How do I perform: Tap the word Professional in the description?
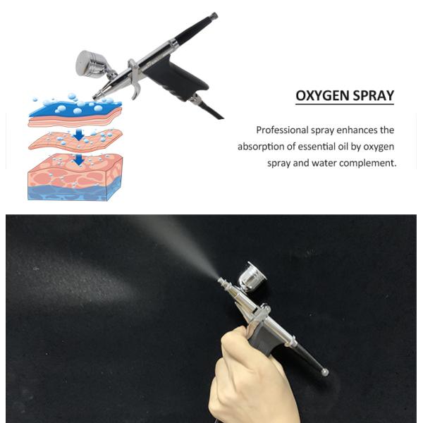click(x=284, y=130)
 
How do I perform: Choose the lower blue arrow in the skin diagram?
click(x=79, y=160)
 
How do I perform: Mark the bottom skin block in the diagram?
click(x=75, y=180)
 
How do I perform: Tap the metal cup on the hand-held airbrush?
click(x=252, y=275)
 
